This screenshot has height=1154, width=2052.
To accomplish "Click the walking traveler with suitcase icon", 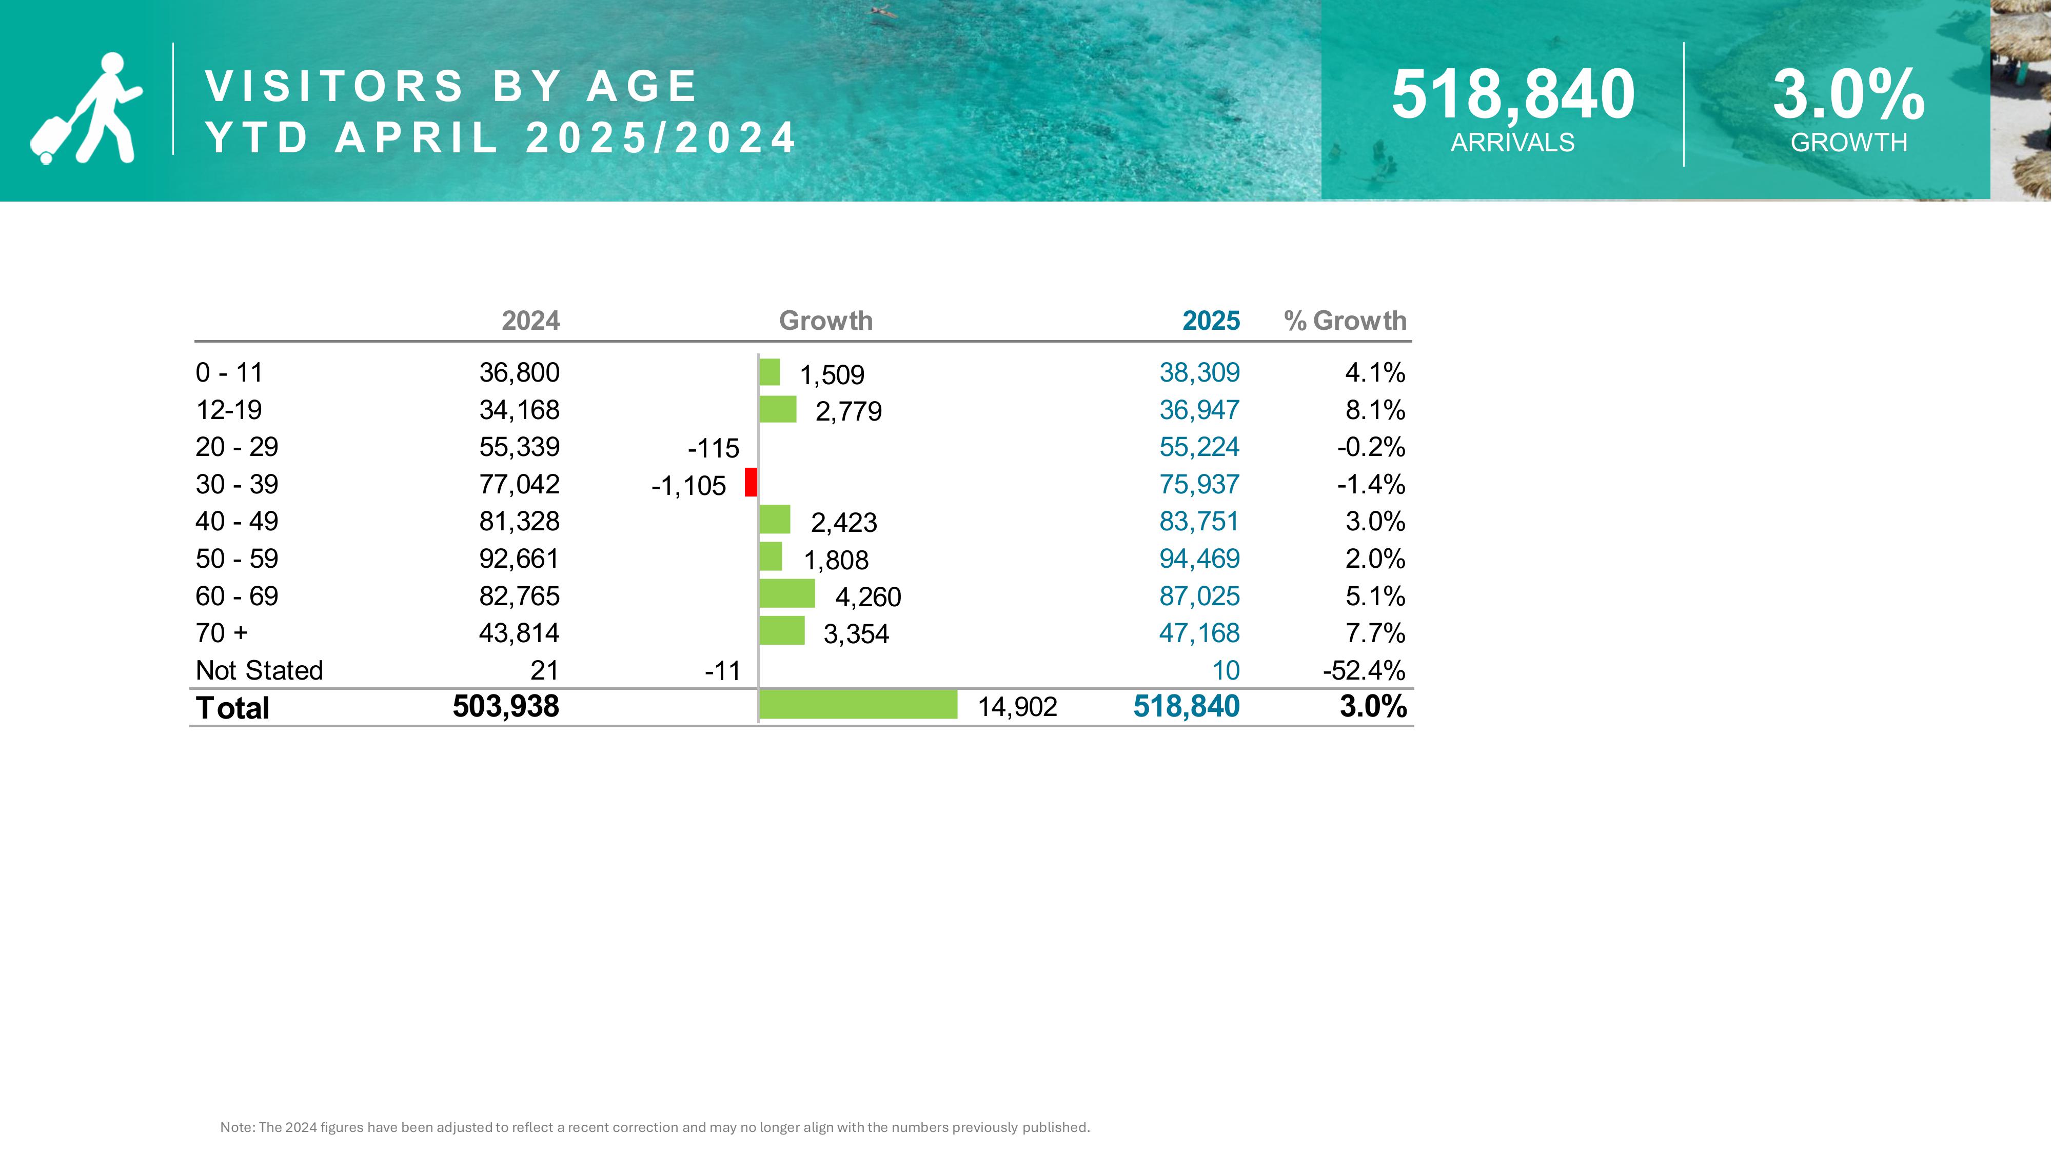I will click(86, 108).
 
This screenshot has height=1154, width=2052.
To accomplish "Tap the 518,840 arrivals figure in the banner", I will click(1513, 95).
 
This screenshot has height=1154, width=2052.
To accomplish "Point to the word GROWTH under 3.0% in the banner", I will click(1849, 143).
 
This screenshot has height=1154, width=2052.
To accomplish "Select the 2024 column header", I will click(530, 321).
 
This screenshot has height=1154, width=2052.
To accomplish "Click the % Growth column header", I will click(1345, 321).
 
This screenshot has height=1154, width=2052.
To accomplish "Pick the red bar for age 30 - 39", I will click(751, 483).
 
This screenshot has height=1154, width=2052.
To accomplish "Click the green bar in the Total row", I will click(858, 705).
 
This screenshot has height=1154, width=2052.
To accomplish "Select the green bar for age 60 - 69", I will click(787, 594).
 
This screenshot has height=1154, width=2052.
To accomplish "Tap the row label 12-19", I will click(229, 410).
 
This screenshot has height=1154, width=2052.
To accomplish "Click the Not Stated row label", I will click(259, 670).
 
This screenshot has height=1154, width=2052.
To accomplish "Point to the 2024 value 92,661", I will click(519, 559).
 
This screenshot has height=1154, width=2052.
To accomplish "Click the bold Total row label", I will click(232, 708).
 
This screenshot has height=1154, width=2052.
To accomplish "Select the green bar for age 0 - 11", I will click(769, 372).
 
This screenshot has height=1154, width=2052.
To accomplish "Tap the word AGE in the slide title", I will click(642, 86).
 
